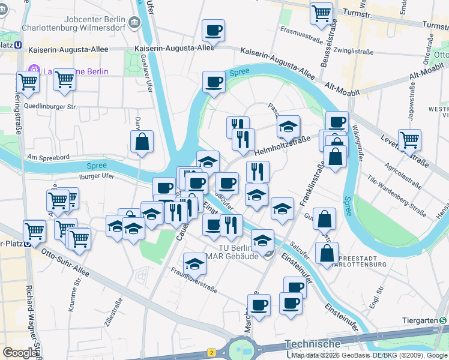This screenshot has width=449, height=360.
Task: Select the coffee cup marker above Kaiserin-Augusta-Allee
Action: click(213, 30)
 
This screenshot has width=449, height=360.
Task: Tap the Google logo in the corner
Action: click(20, 353)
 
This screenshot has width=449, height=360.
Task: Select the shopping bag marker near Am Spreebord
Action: click(142, 142)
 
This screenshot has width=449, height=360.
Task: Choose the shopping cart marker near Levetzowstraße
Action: click(409, 140)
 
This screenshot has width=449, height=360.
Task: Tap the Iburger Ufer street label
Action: click(96, 176)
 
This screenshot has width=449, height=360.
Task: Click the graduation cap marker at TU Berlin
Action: click(262, 240)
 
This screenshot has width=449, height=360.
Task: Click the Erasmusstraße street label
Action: click(301, 35)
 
